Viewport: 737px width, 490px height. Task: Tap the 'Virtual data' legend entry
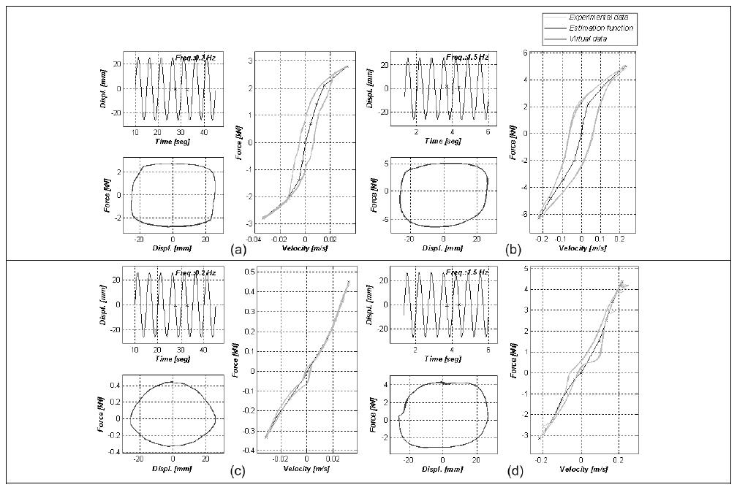coord(594,38)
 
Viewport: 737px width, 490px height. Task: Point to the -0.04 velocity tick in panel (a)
coord(252,238)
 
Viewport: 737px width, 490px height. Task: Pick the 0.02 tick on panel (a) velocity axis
coord(330,238)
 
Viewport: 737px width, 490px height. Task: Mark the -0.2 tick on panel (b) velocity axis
coord(540,238)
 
